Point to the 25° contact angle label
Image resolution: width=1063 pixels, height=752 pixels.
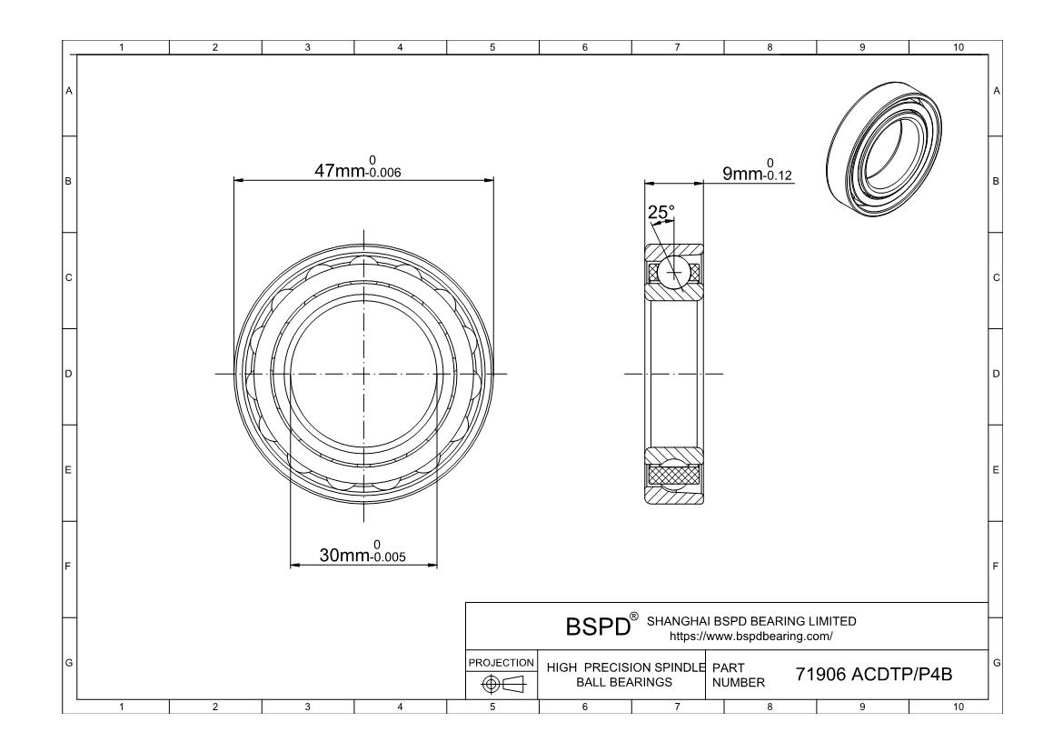click(661, 213)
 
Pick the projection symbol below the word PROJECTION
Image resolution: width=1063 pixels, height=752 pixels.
click(502, 684)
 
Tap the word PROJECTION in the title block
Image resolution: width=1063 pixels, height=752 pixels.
click(502, 662)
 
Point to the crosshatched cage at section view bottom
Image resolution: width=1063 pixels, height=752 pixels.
click(672, 475)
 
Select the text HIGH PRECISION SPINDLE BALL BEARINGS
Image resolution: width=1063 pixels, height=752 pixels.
click(625, 675)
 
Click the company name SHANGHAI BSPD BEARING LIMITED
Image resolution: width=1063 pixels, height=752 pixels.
click(750, 621)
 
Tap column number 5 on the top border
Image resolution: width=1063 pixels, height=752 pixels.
click(492, 47)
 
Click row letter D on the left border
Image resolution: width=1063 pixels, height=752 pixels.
click(68, 374)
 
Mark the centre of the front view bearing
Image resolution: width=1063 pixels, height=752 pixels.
click(363, 374)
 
